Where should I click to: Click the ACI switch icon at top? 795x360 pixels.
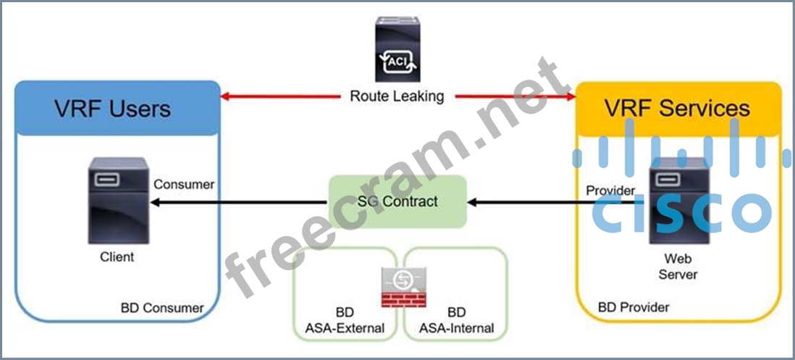(x=397, y=49)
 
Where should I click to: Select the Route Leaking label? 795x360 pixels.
(x=397, y=96)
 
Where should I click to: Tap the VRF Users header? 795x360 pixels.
(x=113, y=109)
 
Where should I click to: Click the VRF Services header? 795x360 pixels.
(x=678, y=108)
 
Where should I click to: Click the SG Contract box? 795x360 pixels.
(x=397, y=201)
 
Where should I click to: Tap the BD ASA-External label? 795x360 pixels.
(x=345, y=320)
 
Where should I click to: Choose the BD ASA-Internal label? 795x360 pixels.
(x=456, y=320)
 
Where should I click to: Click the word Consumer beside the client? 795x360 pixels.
(x=184, y=185)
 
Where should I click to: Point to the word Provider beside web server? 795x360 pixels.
(x=610, y=190)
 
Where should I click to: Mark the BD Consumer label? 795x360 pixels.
(x=162, y=308)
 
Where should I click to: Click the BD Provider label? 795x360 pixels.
(x=634, y=307)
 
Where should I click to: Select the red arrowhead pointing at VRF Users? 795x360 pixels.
(x=226, y=96)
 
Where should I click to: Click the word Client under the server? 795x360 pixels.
(x=117, y=256)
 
